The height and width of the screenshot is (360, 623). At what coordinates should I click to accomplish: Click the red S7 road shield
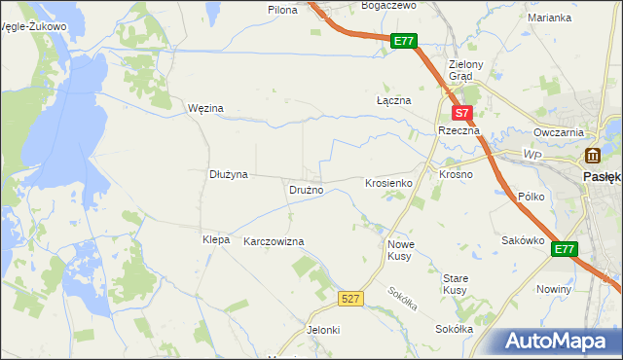[464, 113]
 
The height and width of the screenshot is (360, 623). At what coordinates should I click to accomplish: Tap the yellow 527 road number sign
[352, 299]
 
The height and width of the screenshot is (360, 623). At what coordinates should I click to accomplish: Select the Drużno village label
[306, 190]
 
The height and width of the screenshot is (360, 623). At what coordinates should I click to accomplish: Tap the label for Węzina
[205, 108]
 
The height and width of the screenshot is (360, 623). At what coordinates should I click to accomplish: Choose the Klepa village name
[215, 239]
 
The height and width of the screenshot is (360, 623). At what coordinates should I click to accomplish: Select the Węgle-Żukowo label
[35, 27]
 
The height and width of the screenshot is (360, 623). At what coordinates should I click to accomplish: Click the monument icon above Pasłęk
[592, 156]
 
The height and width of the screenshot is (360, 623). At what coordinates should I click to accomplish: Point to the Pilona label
[282, 9]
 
